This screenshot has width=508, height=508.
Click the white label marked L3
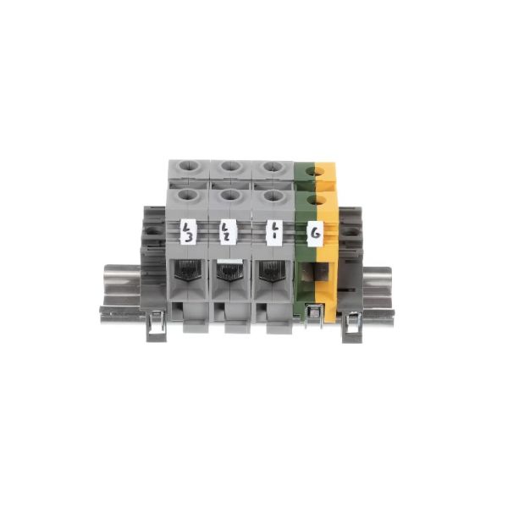[x=189, y=230]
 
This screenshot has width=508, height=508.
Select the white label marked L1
[x=273, y=230]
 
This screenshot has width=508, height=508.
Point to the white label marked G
[x=315, y=231]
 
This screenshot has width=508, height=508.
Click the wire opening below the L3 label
[x=189, y=272]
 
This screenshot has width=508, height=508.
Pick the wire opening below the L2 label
[x=229, y=272]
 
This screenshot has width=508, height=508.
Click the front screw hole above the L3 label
[x=188, y=196]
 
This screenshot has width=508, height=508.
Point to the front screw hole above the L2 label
[x=229, y=196]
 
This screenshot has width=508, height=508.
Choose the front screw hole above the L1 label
[x=273, y=196]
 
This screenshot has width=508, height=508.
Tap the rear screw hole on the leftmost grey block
[x=188, y=168]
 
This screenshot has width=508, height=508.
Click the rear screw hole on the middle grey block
[x=229, y=168]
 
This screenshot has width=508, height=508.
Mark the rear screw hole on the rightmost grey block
[x=272, y=168]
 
